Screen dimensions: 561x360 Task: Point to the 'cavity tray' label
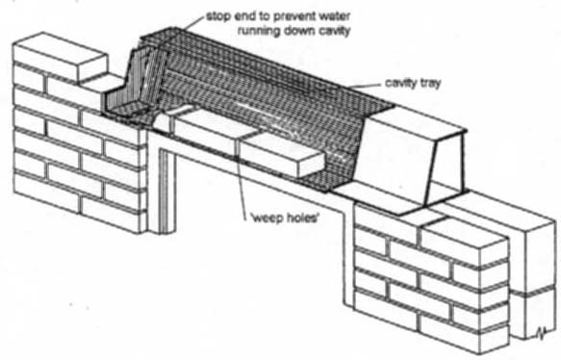pyautogui.click(x=413, y=83)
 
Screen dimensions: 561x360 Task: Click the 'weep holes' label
pyautogui.click(x=285, y=218)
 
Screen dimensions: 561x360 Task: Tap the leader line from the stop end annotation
pyautogui.click(x=193, y=23)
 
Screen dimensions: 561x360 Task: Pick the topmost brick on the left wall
pyautogui.click(x=60, y=56)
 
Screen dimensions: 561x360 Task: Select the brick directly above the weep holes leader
pyautogui.click(x=281, y=155)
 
